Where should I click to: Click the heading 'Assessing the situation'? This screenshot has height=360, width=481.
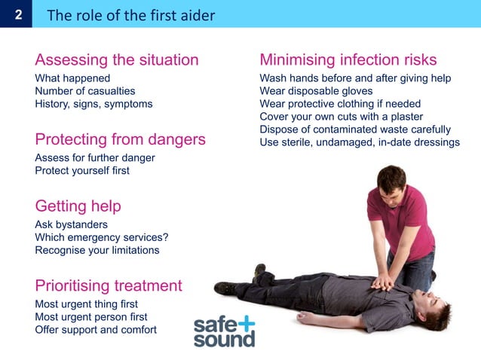click(117, 59)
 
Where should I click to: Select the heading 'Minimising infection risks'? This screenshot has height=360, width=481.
click(348, 59)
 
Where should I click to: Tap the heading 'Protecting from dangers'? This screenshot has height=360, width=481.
click(120, 139)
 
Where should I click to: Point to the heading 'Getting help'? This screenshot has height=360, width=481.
click(78, 206)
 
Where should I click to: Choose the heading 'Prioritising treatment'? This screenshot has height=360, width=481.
click(109, 285)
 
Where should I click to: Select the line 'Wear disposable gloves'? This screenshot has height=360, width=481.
click(316, 91)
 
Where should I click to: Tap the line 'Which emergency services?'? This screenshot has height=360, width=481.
click(102, 237)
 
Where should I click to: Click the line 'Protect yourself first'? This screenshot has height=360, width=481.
click(82, 171)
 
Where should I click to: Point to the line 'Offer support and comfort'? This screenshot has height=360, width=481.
click(96, 330)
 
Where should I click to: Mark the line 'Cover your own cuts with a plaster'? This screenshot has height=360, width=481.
click(342, 117)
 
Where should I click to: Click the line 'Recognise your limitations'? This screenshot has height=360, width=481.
click(97, 250)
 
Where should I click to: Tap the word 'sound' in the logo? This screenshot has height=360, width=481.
click(224, 339)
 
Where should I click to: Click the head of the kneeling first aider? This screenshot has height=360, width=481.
click(391, 181)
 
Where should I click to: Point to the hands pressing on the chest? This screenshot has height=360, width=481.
click(384, 282)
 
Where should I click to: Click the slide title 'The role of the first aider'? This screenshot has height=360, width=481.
click(130, 14)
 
